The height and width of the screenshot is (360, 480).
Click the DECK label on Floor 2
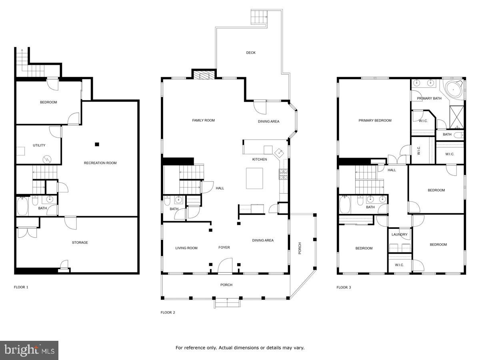[251, 53]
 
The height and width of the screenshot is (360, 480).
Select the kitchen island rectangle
[254, 178]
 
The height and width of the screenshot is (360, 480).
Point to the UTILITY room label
[39, 146]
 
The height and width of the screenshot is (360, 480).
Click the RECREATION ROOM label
[100, 163]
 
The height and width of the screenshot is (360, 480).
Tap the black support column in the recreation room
[97, 144]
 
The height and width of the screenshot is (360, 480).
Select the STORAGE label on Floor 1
[80, 243]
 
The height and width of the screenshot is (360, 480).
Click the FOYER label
[224, 248]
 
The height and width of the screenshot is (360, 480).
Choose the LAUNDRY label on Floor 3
[400, 235]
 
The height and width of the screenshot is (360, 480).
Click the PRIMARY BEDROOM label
[375, 121]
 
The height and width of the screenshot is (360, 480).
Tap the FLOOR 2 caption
[168, 312]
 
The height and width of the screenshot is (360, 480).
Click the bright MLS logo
[29, 350]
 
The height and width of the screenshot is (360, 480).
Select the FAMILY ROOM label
[203, 120]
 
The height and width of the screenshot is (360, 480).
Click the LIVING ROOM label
[186, 248]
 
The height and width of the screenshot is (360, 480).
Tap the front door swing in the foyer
[225, 266]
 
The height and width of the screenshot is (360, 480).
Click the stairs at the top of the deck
[259, 17]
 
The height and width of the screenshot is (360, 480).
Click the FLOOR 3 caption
[344, 287]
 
